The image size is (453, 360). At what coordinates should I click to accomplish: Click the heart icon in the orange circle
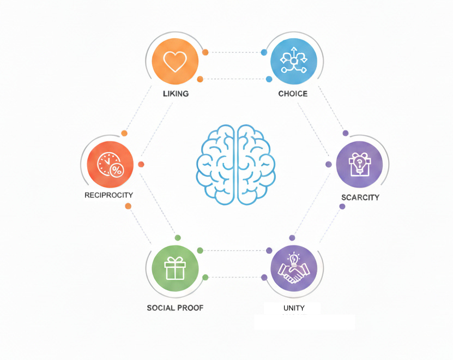(x=175, y=62)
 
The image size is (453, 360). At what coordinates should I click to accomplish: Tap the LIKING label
(x=176, y=93)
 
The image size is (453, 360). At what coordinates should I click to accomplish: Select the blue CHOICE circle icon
(x=294, y=61)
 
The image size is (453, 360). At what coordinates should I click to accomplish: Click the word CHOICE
(x=293, y=93)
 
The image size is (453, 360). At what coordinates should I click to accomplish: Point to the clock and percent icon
(x=110, y=164)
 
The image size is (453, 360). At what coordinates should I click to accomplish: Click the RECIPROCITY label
(x=108, y=195)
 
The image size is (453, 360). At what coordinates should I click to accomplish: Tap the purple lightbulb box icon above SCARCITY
(x=359, y=164)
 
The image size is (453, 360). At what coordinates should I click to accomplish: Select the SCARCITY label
(x=360, y=197)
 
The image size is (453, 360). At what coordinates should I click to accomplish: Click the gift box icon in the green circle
(x=175, y=268)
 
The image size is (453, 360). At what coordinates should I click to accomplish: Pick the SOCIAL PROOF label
(x=175, y=308)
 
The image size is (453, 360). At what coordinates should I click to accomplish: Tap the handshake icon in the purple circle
(x=294, y=272)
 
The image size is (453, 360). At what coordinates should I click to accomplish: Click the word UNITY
(x=294, y=308)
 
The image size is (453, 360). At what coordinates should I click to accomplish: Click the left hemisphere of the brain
(x=216, y=164)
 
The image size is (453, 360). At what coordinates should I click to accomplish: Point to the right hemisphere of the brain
(x=256, y=164)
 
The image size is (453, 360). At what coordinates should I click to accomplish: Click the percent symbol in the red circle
(x=117, y=170)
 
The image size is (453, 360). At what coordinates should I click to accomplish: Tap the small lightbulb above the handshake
(x=294, y=258)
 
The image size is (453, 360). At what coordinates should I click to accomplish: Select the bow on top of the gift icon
(x=175, y=260)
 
